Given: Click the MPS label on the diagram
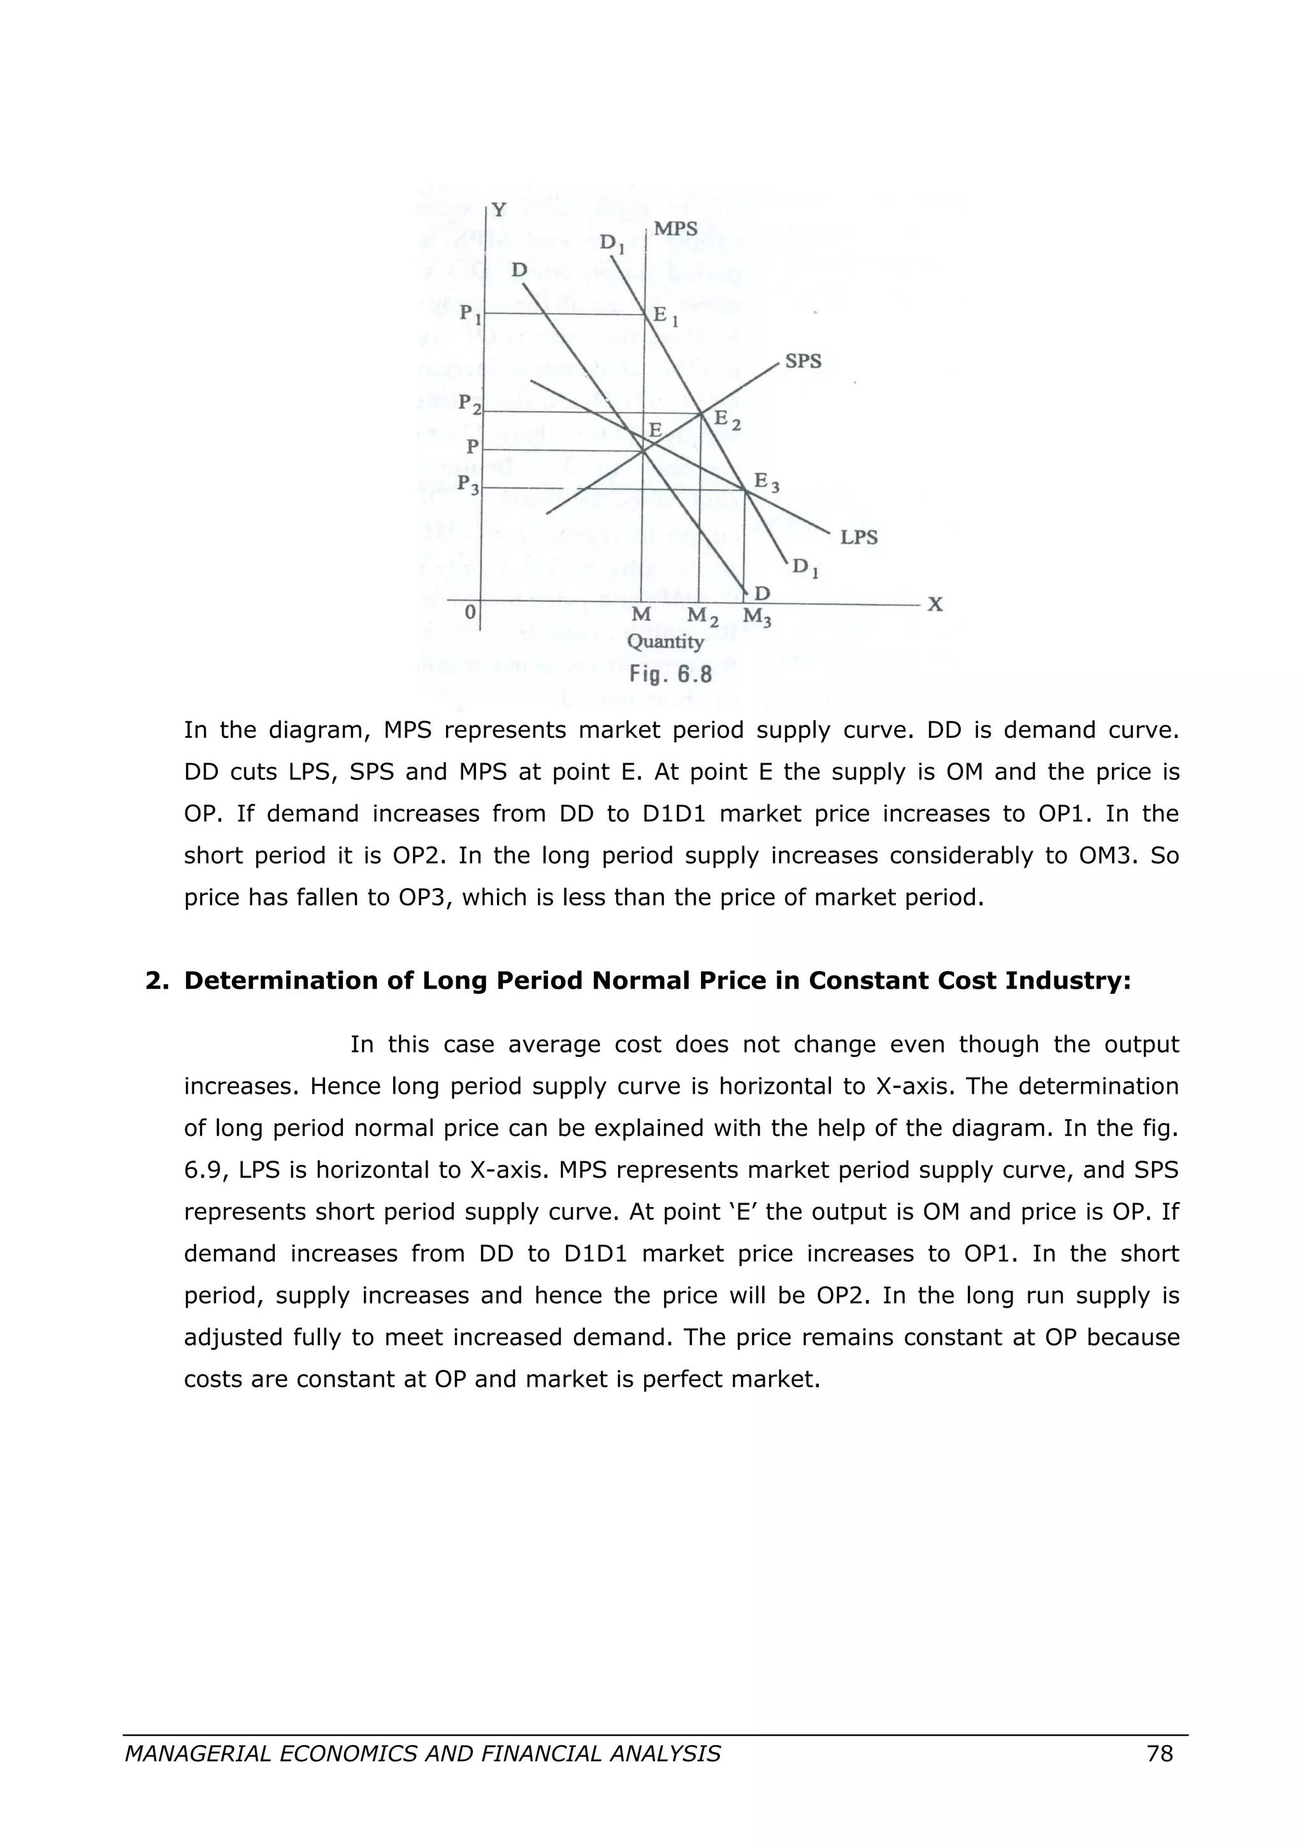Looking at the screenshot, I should click(x=675, y=229).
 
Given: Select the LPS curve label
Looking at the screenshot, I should click(x=859, y=537).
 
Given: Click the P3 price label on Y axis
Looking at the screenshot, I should click(x=469, y=484).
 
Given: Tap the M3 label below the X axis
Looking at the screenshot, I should click(x=756, y=617).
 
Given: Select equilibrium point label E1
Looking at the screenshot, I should click(x=666, y=318).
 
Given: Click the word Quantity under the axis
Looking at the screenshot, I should click(x=665, y=642).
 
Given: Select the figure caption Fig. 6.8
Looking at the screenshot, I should click(x=670, y=674).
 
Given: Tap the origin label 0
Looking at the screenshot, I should click(x=470, y=613).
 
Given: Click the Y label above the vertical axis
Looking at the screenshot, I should click(x=500, y=211).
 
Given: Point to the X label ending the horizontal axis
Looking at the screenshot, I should click(x=934, y=605).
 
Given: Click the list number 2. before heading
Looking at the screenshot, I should click(x=156, y=981).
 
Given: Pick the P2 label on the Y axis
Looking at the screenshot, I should click(x=470, y=404).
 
